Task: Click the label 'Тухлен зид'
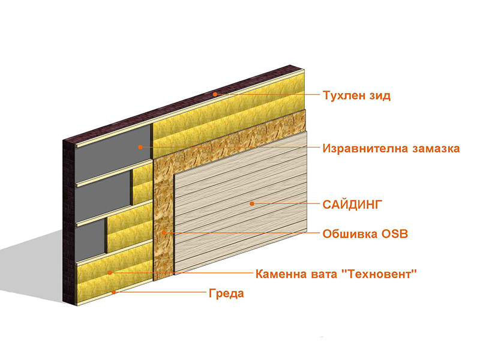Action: tap(356, 95)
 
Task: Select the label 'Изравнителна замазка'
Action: tap(391, 148)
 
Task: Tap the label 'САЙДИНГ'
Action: tap(353, 204)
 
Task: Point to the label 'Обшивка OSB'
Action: tap(365, 234)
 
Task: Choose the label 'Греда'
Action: tap(227, 293)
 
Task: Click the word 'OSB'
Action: tap(395, 234)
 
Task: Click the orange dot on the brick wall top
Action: tap(215, 94)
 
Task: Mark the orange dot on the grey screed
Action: tap(140, 147)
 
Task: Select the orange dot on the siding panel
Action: tap(252, 203)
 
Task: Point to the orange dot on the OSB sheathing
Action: tap(164, 233)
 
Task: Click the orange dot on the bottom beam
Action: tap(113, 292)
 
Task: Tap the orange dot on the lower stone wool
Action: tap(110, 272)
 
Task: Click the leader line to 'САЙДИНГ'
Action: tap(286, 203)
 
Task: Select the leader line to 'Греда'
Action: tap(160, 292)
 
